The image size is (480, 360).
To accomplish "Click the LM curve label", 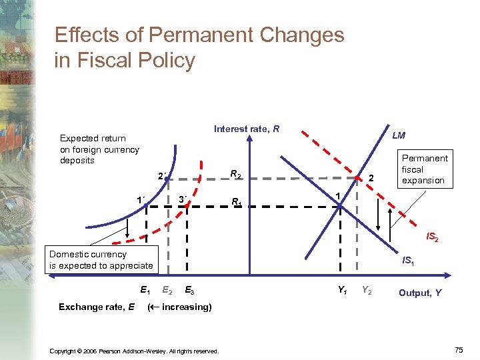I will (x=399, y=135).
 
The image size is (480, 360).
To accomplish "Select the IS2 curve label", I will (x=432, y=237).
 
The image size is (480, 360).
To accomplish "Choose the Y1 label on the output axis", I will (x=341, y=290).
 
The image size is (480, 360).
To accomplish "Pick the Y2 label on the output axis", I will (x=367, y=290).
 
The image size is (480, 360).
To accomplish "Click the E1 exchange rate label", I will (x=145, y=290).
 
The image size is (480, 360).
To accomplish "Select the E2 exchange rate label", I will (x=168, y=290).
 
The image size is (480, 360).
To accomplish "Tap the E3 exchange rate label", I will (x=190, y=290).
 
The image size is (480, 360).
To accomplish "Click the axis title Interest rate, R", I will (x=246, y=129).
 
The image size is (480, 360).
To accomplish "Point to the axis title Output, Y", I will (x=419, y=293).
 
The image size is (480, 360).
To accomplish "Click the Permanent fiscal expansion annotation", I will (x=425, y=169).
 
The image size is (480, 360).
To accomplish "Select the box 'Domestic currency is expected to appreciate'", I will (x=101, y=260).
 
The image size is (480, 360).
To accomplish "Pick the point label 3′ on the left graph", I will (x=184, y=200).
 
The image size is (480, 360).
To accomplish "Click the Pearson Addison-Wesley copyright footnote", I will (x=134, y=351).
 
